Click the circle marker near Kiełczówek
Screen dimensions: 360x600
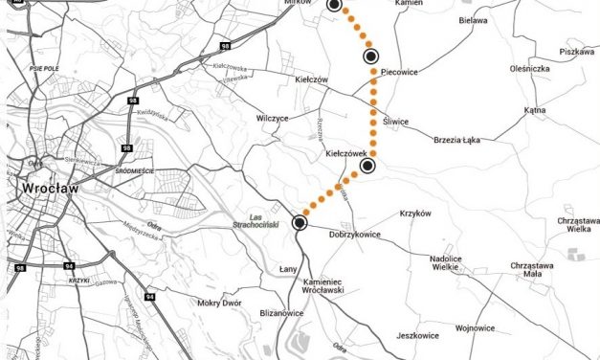368,167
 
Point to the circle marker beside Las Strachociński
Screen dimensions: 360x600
300,223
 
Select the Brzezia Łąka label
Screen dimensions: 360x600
463,139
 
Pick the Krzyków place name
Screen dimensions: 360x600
416,214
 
